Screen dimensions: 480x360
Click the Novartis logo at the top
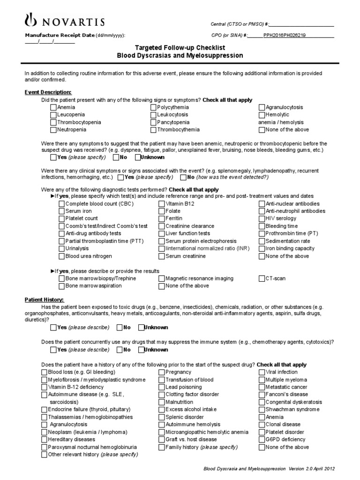64,21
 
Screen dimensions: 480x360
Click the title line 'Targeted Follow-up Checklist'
180,48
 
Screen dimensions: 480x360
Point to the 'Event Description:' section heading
48,92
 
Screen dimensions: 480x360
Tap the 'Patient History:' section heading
44,299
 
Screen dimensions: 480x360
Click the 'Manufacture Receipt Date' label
60,35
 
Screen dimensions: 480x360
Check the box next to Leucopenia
53,115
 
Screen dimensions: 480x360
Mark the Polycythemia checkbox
154,107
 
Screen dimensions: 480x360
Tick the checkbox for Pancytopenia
154,122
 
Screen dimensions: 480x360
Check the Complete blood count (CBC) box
62,204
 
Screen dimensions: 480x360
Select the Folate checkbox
162,211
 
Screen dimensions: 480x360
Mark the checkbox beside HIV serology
262,218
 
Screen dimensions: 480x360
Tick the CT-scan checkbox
262,278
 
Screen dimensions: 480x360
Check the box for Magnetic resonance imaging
162,278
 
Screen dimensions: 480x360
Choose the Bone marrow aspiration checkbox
62,286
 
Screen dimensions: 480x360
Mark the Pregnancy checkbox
162,372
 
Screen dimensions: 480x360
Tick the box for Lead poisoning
162,387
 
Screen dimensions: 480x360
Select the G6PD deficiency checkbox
262,440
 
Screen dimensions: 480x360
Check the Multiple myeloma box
262,380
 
